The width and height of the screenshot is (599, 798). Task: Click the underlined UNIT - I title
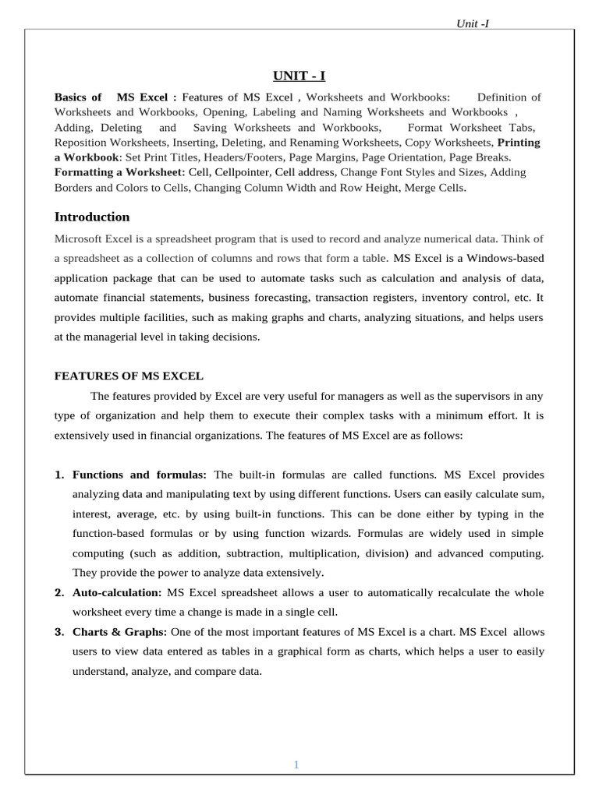(x=299, y=75)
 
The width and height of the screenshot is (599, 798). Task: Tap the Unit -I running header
(x=473, y=23)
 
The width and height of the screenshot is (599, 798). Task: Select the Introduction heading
(x=92, y=217)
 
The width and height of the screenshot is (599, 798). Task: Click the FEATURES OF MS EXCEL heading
(x=129, y=376)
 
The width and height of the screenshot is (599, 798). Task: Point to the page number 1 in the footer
(x=296, y=764)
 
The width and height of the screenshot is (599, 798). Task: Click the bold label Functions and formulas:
(x=140, y=475)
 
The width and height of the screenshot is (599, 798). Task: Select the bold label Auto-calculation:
(x=118, y=593)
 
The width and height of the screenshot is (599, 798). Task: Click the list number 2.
(x=59, y=593)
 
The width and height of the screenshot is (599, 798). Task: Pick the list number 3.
(x=59, y=631)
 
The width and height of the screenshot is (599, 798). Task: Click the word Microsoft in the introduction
(x=80, y=238)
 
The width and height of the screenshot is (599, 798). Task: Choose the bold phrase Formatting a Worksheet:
(x=119, y=172)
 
